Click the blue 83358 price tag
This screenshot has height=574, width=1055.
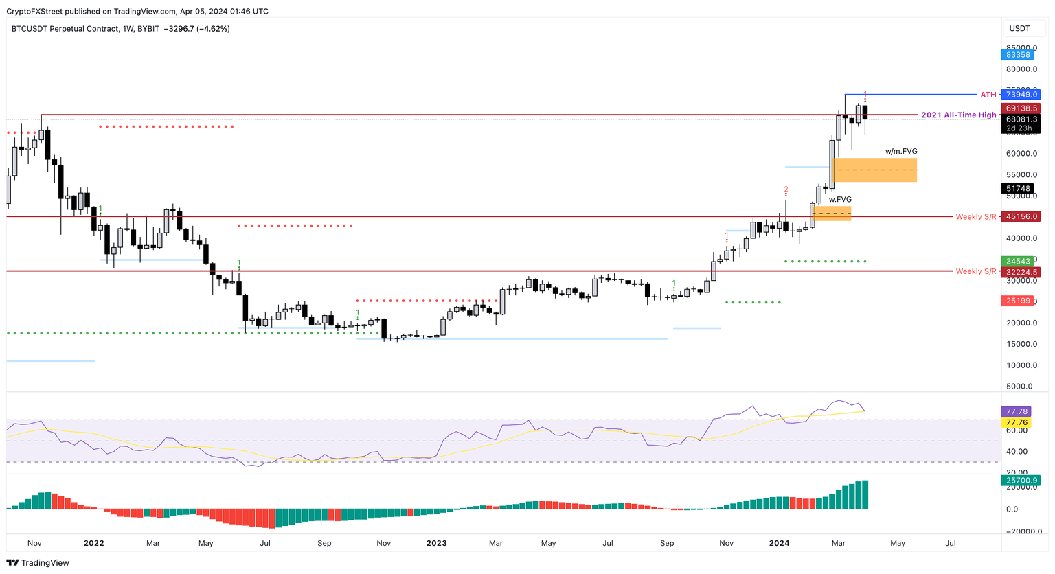pos(1017,55)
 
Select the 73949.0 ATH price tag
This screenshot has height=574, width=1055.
pos(1021,95)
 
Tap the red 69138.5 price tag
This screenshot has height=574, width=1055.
pos(1021,108)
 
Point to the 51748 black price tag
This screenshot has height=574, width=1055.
pos(1017,189)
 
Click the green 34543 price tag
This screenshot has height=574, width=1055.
pos(1017,262)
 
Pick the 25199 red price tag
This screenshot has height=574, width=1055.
pos(1017,301)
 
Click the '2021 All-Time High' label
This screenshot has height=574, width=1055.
pos(957,115)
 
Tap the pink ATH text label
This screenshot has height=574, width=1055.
pos(988,95)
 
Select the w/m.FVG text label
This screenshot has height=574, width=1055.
pos(900,152)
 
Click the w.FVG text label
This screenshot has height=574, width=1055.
pos(839,200)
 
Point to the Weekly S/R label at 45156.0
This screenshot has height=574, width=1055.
pos(975,217)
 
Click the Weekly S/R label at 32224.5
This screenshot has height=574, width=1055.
pos(975,272)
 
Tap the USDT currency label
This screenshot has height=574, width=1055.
pos(1019,29)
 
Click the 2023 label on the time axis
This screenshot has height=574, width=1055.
pos(436,543)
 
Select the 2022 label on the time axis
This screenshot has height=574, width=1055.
pos(93,543)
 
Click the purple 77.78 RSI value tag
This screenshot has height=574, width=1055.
pos(1017,412)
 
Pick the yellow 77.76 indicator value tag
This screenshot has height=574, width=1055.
pos(1017,422)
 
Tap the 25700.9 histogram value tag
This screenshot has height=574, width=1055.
pos(1021,481)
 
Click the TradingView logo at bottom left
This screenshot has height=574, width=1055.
pos(38,563)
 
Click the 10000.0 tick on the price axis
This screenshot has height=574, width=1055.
pos(1021,365)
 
